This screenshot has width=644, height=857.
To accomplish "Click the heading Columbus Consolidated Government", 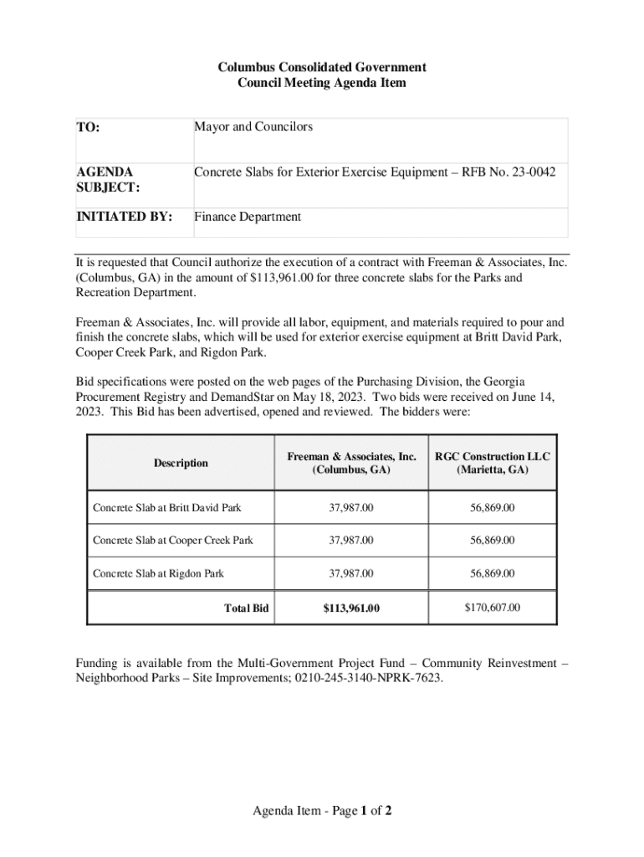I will (322, 66).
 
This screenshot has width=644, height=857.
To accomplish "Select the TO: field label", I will (89, 128).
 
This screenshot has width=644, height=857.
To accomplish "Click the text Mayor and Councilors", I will (253, 127).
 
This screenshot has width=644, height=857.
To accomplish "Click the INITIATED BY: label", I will (125, 217).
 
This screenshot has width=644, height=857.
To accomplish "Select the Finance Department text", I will (248, 217).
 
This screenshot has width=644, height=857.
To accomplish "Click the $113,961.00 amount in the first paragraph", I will (289, 278).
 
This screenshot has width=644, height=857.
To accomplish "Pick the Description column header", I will (181, 463).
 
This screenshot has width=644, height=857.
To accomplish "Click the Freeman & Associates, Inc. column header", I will (351, 463).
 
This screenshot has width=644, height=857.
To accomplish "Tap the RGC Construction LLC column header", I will (492, 463).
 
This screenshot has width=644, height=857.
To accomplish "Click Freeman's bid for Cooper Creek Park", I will (351, 541).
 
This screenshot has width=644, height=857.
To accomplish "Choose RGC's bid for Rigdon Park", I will (492, 573).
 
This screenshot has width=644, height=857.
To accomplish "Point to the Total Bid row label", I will (246, 608).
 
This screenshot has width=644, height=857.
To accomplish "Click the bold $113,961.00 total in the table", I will (351, 608).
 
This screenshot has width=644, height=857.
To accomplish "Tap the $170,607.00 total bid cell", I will (492, 608).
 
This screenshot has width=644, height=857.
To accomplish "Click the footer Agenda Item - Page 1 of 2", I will (322, 811).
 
